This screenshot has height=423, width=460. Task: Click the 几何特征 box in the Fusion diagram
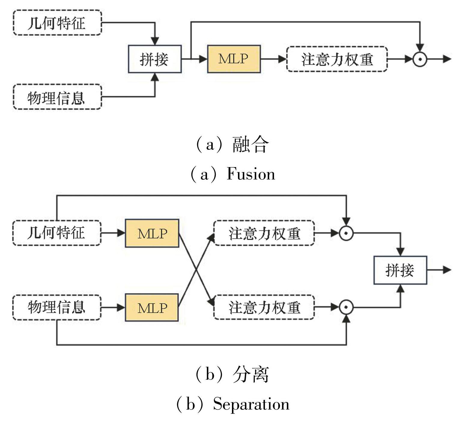click(57, 23)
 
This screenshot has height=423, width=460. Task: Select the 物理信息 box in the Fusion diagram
click(57, 97)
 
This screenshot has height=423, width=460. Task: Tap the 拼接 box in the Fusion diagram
click(155, 59)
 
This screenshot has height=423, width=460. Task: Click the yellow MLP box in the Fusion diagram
click(234, 59)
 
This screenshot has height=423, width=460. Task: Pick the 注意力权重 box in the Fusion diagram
click(337, 59)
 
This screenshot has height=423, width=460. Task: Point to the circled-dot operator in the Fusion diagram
click(420, 59)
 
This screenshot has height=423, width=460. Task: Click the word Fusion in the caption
click(251, 174)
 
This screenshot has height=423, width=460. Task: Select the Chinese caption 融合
click(250, 145)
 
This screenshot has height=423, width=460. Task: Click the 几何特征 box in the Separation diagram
click(57, 233)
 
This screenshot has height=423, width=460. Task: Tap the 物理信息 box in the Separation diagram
click(57, 307)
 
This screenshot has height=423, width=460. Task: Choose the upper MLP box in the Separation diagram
click(152, 233)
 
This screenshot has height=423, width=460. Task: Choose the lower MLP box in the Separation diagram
click(152, 307)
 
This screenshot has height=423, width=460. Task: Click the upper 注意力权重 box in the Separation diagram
click(264, 233)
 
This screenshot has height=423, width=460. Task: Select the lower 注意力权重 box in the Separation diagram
click(264, 307)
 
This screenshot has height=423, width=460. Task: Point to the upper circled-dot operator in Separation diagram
click(346, 233)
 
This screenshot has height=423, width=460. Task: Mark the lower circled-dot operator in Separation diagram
click(346, 307)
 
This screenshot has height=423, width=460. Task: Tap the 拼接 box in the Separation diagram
click(400, 270)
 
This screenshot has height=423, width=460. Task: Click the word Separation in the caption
click(251, 404)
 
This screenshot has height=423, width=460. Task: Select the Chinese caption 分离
click(250, 374)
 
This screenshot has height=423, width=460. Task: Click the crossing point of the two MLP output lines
click(196, 270)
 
